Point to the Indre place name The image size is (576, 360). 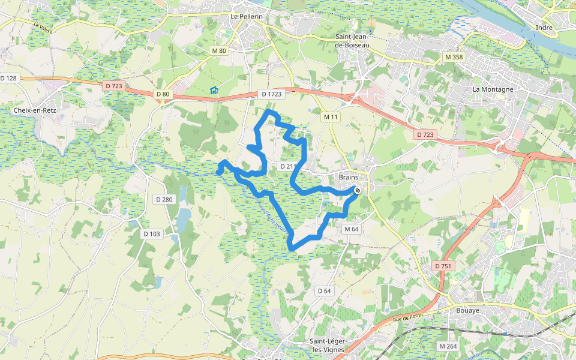[544, 27]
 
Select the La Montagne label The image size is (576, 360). [493, 89]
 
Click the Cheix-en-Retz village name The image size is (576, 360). [35, 110]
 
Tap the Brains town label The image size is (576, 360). [348, 177]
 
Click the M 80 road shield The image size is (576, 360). [219, 51]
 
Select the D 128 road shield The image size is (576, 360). [9, 78]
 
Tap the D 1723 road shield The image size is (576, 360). [271, 94]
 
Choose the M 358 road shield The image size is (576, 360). [454, 57]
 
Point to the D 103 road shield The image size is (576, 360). [152, 233]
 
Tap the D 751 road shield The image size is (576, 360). [442, 266]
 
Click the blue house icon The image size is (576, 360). [214, 91]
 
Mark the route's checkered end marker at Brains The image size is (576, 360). [358, 190]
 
